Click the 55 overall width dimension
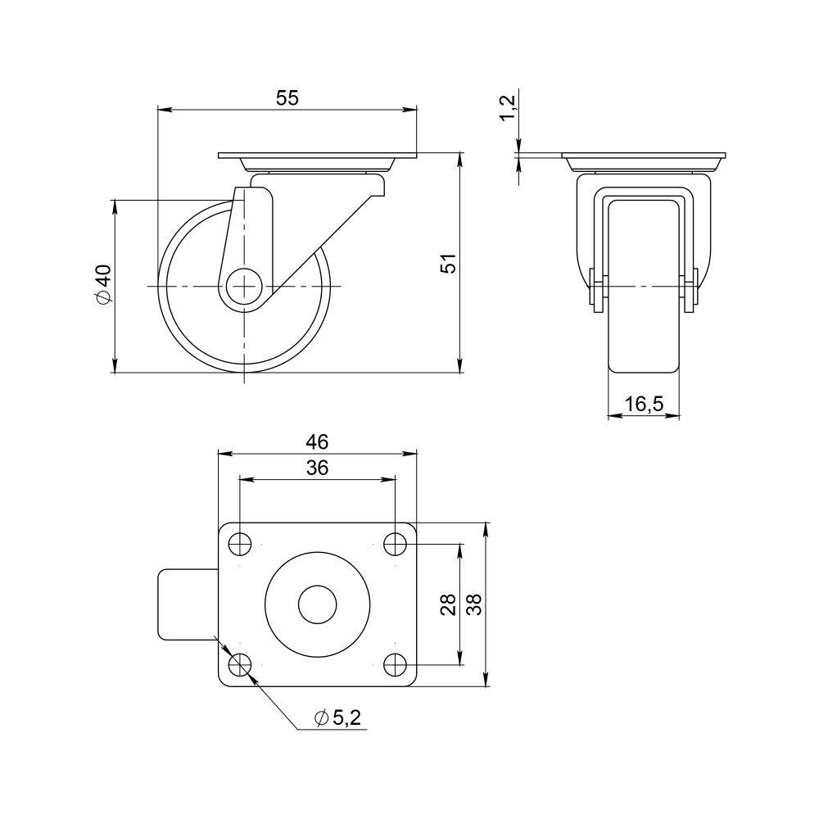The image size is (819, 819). (x=287, y=97)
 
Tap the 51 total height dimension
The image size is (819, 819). (x=448, y=264)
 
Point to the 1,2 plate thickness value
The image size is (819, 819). (x=508, y=107)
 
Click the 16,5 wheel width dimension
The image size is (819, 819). (x=643, y=404)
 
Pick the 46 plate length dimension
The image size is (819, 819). (x=317, y=441)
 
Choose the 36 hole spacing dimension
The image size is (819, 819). (x=317, y=468)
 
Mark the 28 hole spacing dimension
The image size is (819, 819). (x=448, y=604)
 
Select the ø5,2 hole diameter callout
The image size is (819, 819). (x=338, y=718)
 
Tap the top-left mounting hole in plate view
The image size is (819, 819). (x=240, y=543)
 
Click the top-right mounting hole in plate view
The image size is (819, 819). (x=396, y=543)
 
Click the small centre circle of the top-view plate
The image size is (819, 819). (x=317, y=604)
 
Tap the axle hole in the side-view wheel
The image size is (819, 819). (x=244, y=286)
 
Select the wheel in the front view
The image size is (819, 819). (x=643, y=344)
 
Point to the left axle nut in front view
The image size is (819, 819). (x=598, y=293)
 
